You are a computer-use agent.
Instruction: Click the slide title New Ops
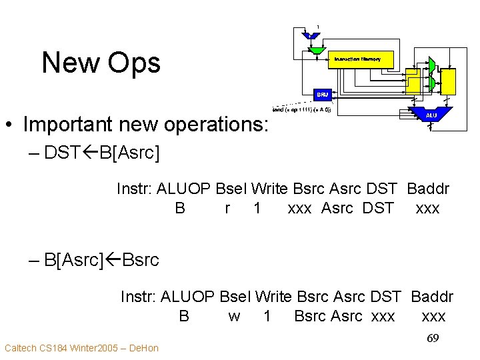tap(101, 63)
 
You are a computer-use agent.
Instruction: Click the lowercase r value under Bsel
tap(228, 208)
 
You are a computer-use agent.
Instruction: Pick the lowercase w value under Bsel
tap(234, 316)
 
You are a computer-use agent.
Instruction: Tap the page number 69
tap(433, 339)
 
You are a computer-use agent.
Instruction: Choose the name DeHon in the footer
tap(143, 348)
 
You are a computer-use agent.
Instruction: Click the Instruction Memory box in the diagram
tap(360, 59)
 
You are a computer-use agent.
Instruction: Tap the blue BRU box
tap(323, 95)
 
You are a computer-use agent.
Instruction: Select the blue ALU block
tap(431, 115)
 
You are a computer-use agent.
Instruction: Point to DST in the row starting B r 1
tap(378, 208)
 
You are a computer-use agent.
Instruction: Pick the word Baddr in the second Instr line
tap(432, 297)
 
